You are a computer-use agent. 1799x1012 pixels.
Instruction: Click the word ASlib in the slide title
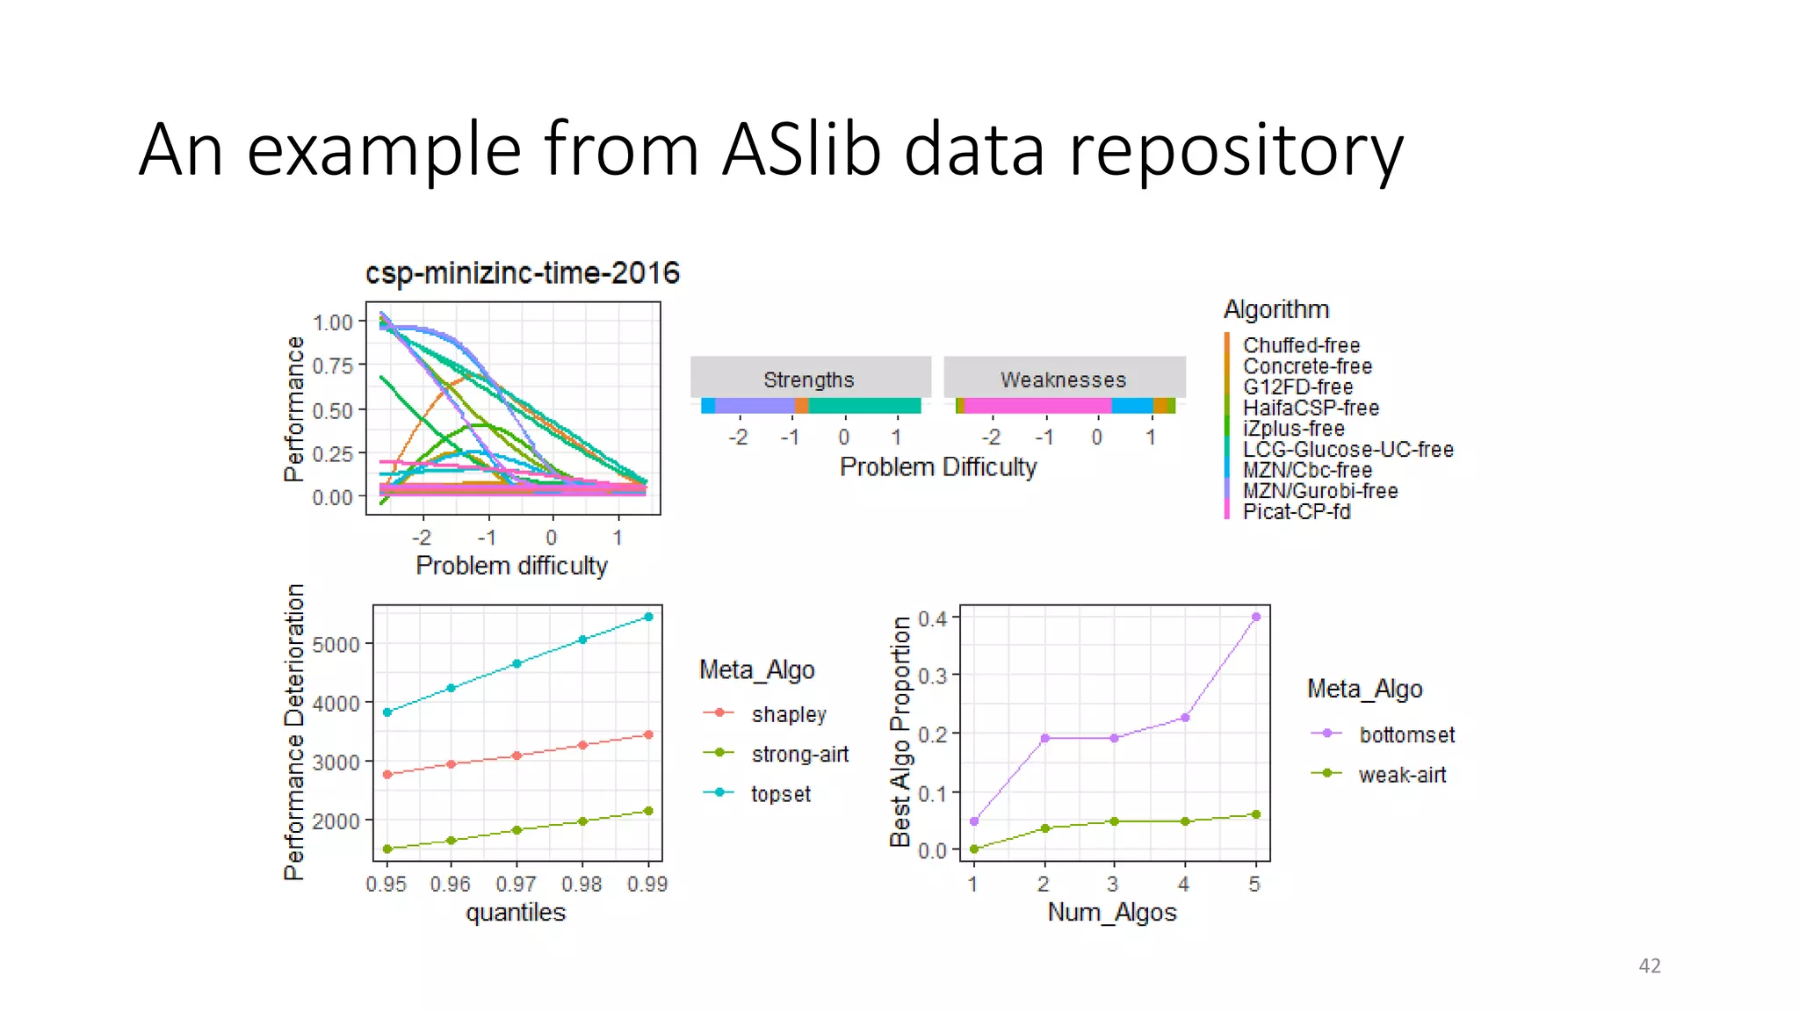(x=800, y=149)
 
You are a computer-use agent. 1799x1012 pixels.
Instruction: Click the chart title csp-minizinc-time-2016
(x=522, y=273)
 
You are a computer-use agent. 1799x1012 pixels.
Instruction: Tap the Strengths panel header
(x=809, y=379)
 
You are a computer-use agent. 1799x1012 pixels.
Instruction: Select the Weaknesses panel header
(x=1063, y=379)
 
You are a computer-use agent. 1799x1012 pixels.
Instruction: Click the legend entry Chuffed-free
(x=1301, y=345)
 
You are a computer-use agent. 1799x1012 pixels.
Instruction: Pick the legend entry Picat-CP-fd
(x=1296, y=511)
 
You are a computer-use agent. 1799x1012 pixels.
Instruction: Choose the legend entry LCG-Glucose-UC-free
(x=1347, y=449)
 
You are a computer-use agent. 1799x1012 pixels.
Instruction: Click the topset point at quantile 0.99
(x=648, y=617)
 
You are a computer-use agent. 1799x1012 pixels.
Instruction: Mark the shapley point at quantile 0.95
(x=387, y=774)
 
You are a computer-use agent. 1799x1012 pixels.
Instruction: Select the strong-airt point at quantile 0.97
(x=517, y=830)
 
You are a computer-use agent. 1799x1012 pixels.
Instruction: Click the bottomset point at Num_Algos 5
(x=1255, y=617)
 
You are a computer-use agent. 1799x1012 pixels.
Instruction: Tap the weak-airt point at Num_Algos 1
(x=973, y=849)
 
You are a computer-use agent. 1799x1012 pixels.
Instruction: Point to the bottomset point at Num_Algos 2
(x=1044, y=738)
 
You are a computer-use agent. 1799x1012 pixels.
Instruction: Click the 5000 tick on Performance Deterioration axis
(x=336, y=645)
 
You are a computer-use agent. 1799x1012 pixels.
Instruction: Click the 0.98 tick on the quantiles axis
(x=582, y=884)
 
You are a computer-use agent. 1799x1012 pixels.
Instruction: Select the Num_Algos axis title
(x=1111, y=912)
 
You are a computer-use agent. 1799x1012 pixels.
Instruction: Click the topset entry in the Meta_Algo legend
(x=780, y=794)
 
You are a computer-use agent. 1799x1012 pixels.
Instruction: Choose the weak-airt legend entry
(x=1401, y=775)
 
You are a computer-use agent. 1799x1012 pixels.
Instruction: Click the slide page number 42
(x=1649, y=965)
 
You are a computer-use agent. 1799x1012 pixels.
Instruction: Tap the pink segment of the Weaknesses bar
(x=1037, y=406)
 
